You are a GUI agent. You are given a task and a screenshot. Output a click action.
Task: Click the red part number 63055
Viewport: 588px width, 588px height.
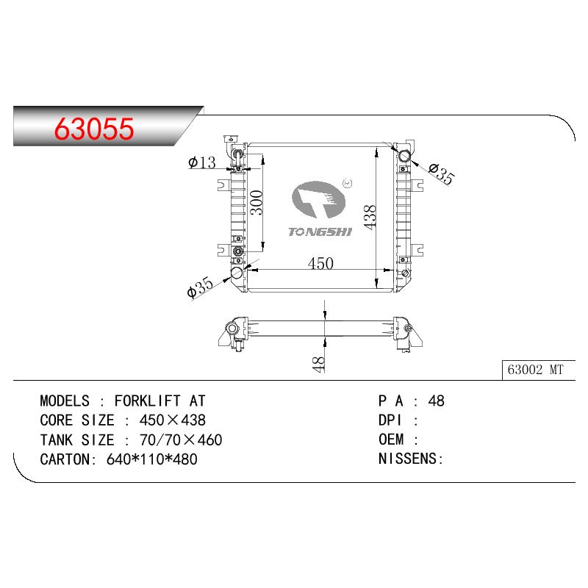tap(94, 129)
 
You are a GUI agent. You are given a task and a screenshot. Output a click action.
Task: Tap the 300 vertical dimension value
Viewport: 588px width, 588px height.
tap(257, 203)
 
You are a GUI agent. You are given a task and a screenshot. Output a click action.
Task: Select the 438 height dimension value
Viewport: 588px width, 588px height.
tap(370, 217)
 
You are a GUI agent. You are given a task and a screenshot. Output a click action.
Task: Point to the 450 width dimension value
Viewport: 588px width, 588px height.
tap(320, 263)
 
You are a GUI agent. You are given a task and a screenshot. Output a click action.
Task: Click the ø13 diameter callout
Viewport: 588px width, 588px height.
tap(202, 162)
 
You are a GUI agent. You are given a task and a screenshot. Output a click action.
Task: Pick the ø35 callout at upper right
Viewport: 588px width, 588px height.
tap(442, 173)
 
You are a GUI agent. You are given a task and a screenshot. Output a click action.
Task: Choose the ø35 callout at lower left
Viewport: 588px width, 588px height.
tap(200, 287)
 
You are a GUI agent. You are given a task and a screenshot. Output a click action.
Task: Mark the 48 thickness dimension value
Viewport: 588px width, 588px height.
tap(318, 364)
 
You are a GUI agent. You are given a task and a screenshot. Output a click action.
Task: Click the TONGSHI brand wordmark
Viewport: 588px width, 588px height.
tap(320, 232)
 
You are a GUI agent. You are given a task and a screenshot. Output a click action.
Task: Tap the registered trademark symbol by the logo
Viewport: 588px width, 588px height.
tap(348, 183)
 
